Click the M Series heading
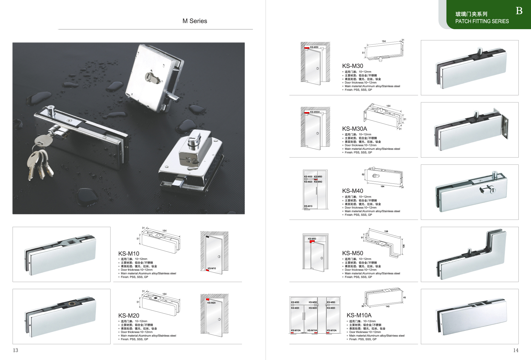(x=195, y=21)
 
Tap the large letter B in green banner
(x=519, y=11)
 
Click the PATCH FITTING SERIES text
(x=482, y=21)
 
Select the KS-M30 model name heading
(x=352, y=66)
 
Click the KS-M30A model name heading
(x=354, y=129)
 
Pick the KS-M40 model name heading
(x=352, y=191)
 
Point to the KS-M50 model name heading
(x=352, y=253)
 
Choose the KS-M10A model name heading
(x=359, y=315)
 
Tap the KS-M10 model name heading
(x=129, y=254)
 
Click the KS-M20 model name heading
(x=129, y=316)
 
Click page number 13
(x=16, y=350)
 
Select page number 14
(x=516, y=350)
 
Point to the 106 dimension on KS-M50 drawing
(x=404, y=246)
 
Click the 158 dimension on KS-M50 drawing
(x=386, y=231)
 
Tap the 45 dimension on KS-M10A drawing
(x=404, y=297)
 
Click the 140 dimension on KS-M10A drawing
(x=387, y=307)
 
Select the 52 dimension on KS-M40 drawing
(x=363, y=174)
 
